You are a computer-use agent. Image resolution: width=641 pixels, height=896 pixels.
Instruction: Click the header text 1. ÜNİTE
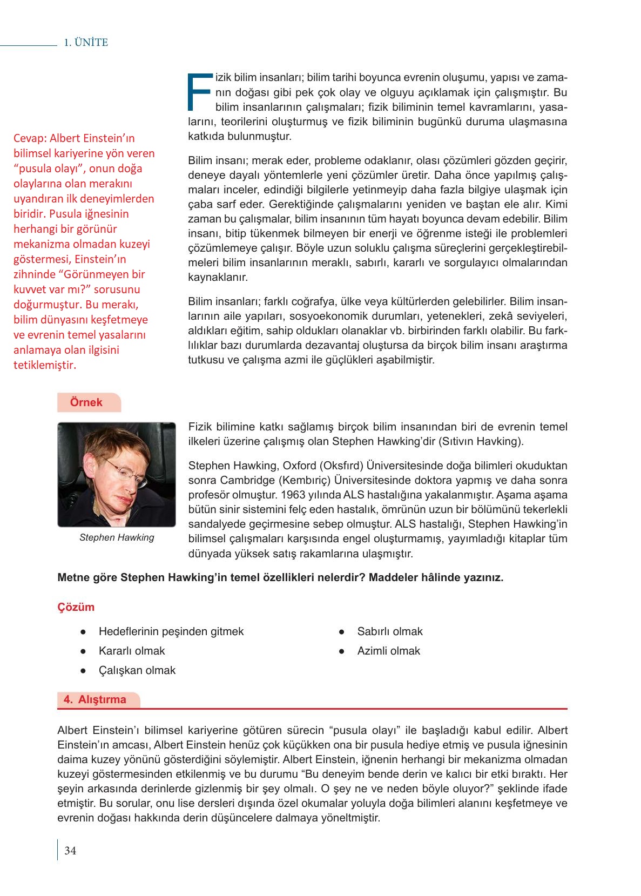click(x=86, y=43)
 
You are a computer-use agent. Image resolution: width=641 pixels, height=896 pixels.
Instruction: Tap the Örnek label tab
click(x=86, y=402)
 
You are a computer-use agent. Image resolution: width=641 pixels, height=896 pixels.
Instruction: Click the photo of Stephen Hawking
click(x=117, y=474)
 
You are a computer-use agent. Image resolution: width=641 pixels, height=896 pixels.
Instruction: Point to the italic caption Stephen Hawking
click(x=117, y=537)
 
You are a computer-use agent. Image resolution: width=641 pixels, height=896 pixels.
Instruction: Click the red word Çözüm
click(x=76, y=607)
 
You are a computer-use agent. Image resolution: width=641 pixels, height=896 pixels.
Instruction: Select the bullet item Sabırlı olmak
click(x=389, y=631)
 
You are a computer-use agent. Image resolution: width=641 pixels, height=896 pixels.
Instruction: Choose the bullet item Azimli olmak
click(x=388, y=651)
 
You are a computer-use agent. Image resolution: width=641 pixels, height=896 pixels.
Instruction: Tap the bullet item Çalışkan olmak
click(x=137, y=670)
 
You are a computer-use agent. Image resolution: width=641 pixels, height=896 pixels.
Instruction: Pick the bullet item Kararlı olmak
click(x=132, y=651)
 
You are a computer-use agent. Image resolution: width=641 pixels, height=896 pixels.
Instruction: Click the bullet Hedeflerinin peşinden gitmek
click(x=171, y=631)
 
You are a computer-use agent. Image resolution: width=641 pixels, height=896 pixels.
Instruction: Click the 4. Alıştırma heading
click(x=95, y=699)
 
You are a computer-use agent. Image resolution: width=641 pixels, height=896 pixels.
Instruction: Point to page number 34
click(x=70, y=851)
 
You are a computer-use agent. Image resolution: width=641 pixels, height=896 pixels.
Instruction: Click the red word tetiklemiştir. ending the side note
click(x=45, y=365)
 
